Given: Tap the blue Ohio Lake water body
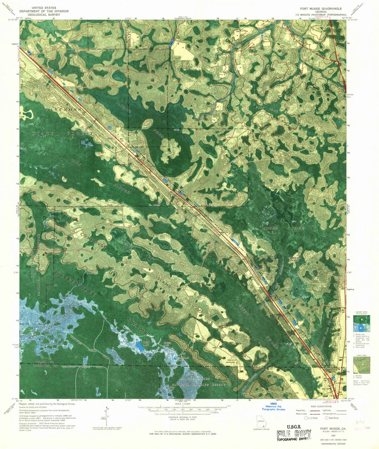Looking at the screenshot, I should [139, 347].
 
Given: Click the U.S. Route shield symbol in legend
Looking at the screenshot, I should [306, 418].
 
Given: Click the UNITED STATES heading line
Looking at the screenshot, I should [46, 7].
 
